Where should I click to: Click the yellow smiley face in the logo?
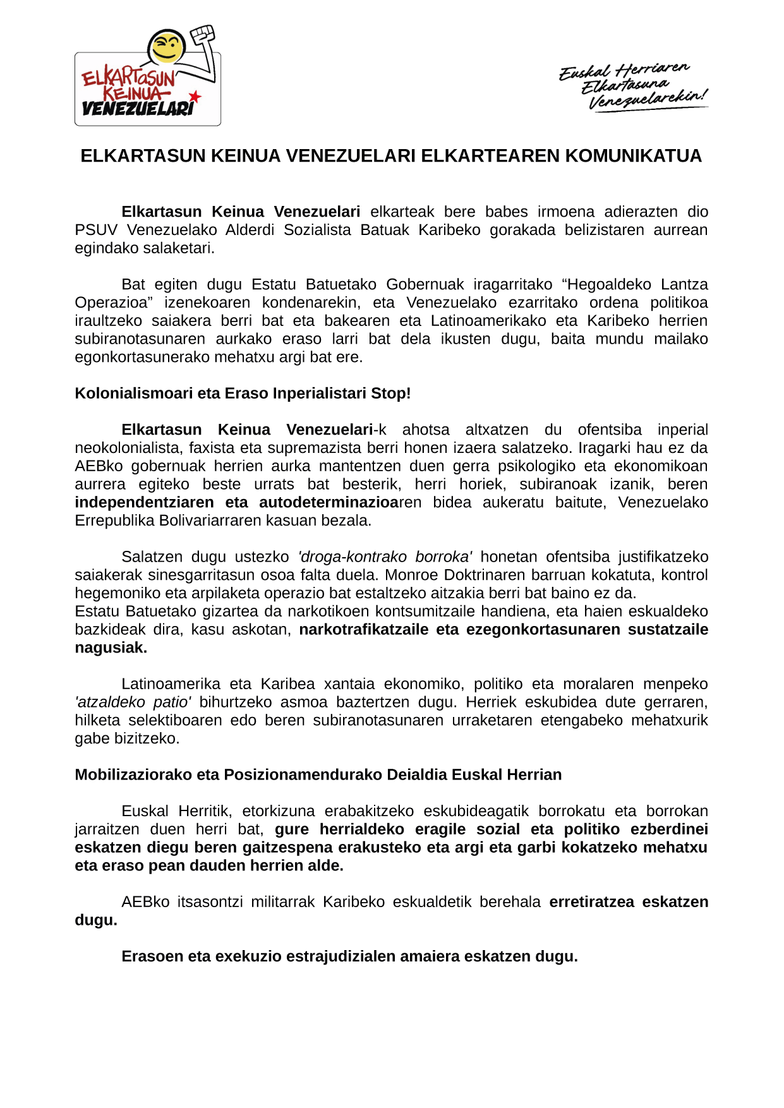[167, 46]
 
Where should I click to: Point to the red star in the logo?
[195, 97]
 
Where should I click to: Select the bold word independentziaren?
[144, 502]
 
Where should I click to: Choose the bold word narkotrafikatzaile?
[363, 630]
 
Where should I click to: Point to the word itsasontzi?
[210, 901]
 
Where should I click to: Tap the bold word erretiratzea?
[591, 901]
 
